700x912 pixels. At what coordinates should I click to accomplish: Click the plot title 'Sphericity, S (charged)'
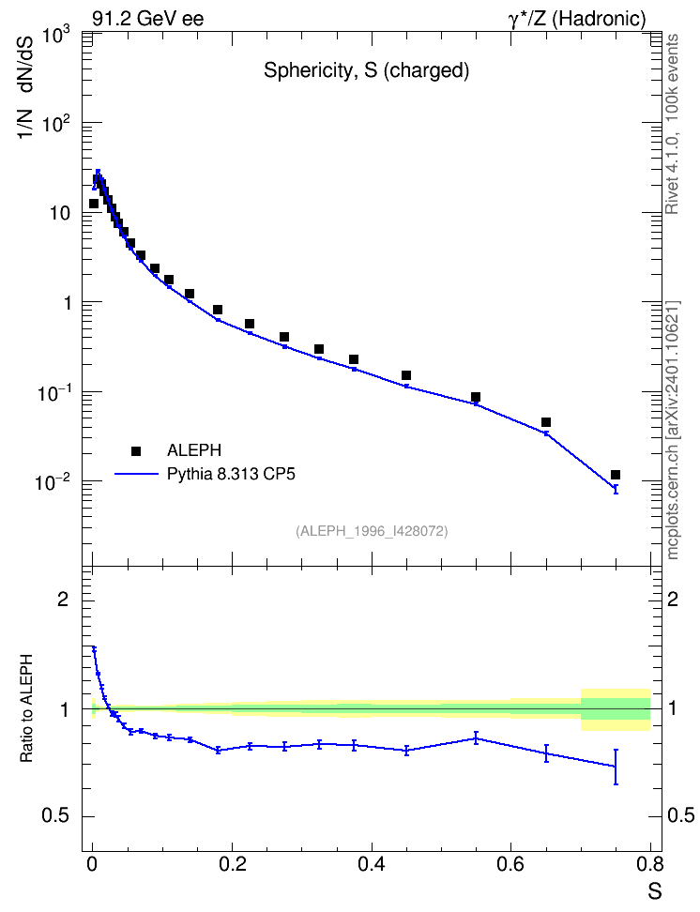tap(367, 70)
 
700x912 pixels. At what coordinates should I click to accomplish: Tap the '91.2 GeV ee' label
tap(148, 19)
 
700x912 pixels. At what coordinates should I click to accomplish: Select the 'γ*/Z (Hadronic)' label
tap(577, 19)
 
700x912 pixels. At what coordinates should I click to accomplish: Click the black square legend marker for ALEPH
tap(136, 450)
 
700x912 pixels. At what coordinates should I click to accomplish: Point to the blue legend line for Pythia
tap(137, 474)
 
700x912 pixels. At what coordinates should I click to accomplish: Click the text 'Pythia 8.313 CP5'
tap(231, 474)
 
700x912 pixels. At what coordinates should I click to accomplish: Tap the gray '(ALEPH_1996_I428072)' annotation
tap(372, 531)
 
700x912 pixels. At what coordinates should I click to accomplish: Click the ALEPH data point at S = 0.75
tap(616, 475)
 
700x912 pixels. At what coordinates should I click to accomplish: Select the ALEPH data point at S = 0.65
tap(546, 422)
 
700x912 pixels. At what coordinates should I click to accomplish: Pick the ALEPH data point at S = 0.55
tap(476, 397)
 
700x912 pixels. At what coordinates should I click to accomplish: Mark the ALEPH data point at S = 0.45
tap(406, 375)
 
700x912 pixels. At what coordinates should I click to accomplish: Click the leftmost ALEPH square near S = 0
tap(94, 204)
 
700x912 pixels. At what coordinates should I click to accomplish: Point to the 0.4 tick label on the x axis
tap(372, 864)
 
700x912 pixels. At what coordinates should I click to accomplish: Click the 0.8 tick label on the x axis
tap(650, 864)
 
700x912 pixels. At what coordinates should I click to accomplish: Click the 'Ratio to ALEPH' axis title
tap(26, 708)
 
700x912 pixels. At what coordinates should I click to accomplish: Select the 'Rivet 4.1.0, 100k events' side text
tap(672, 124)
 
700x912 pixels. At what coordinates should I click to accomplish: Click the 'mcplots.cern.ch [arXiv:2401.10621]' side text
tap(673, 431)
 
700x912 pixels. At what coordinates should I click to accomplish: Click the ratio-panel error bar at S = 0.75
tap(616, 767)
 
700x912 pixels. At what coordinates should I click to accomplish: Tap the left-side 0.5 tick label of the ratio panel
tap(55, 816)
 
